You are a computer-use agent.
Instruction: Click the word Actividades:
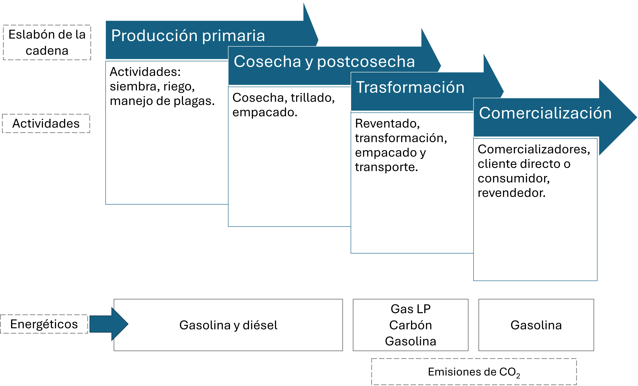[145, 72]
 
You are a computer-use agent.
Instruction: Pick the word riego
[179, 86]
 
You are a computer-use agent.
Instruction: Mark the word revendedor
[511, 193]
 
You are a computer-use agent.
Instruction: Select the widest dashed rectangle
[474, 371]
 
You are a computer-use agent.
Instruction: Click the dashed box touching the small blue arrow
[44, 324]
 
